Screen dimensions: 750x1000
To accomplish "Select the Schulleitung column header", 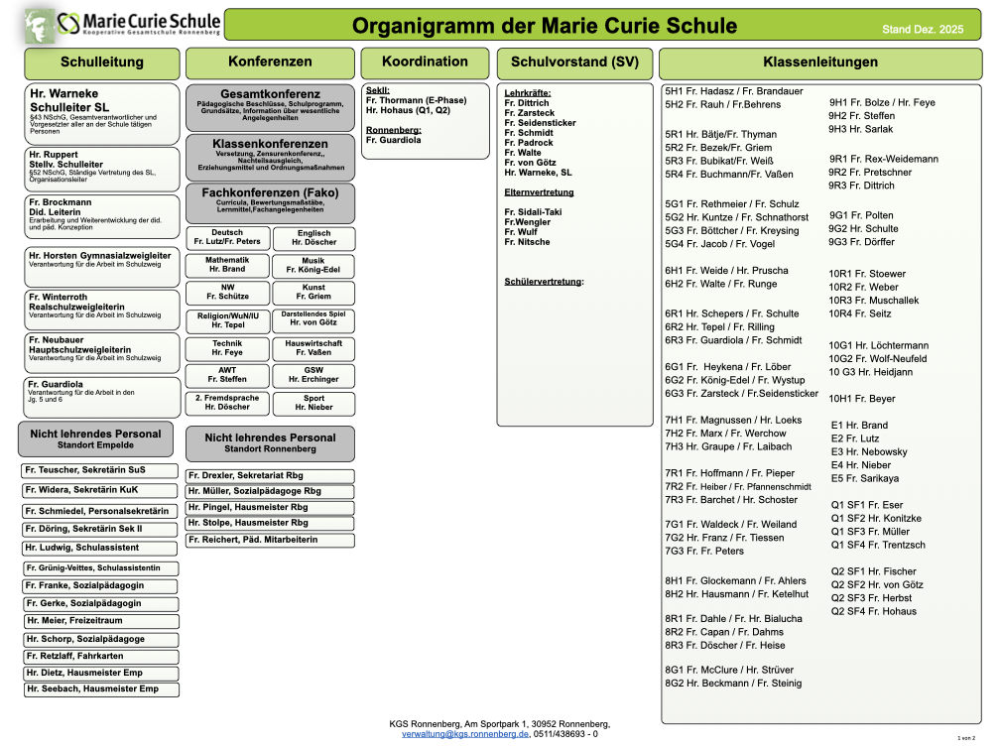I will [102, 62].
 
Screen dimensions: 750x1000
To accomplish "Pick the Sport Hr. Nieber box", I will [313, 403].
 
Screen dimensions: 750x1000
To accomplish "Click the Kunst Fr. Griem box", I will [313, 292].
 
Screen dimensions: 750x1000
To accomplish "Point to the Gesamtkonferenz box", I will [269, 105].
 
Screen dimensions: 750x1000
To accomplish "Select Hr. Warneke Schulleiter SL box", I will [101, 111].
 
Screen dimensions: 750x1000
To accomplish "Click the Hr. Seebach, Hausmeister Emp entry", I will [101, 688].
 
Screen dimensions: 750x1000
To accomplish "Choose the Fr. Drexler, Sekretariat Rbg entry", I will [269, 476].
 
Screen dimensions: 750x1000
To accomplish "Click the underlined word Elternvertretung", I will [539, 192].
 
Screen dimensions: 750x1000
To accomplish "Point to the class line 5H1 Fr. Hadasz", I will [719, 91].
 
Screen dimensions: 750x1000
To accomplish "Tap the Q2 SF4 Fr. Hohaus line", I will [873, 611].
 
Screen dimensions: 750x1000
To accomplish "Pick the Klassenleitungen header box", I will [819, 62].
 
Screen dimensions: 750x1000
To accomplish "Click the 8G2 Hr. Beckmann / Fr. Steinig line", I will [732, 684].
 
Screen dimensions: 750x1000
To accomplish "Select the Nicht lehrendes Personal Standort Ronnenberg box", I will [269, 442].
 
